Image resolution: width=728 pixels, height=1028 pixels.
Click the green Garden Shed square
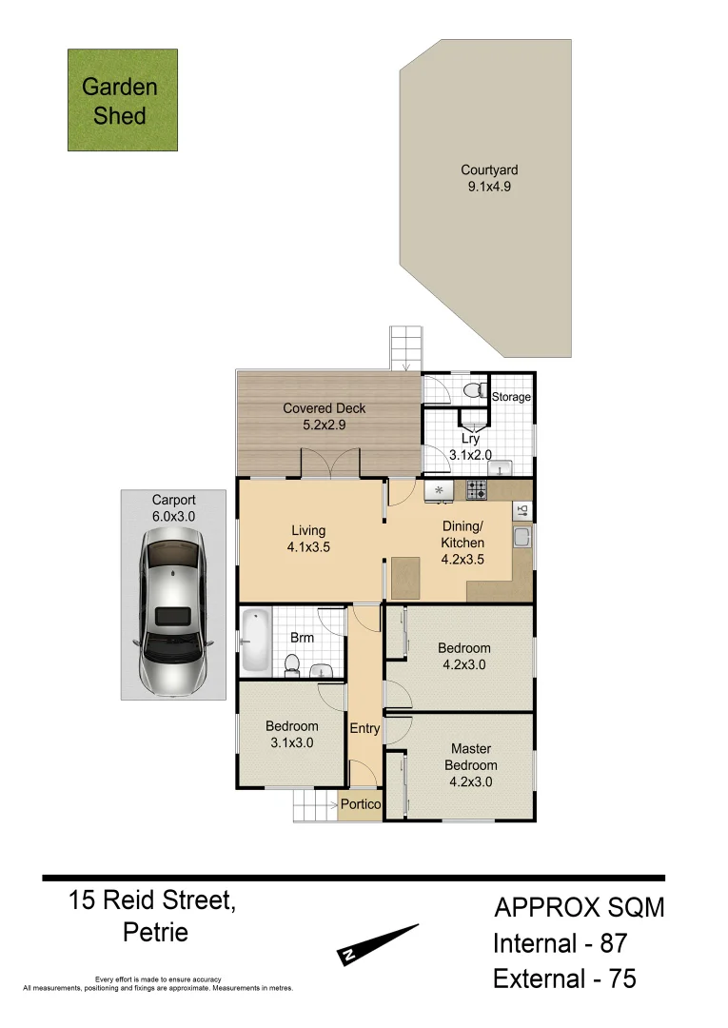(x=122, y=100)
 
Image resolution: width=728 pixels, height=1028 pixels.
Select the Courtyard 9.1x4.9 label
(x=489, y=179)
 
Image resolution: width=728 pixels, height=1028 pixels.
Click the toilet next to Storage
(x=473, y=389)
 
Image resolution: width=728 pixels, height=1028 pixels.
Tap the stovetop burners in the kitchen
(x=477, y=490)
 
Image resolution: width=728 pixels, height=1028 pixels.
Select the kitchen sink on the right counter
(x=521, y=539)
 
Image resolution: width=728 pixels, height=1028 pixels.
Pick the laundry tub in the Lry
(x=499, y=467)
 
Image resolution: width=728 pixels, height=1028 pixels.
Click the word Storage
(x=511, y=397)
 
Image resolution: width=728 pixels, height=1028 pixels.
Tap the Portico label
(x=361, y=805)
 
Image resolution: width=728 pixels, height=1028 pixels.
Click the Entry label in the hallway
(x=364, y=729)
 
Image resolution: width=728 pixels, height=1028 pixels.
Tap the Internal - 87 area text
(x=559, y=944)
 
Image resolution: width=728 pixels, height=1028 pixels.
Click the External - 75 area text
(x=564, y=979)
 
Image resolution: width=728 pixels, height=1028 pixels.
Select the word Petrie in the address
(x=155, y=932)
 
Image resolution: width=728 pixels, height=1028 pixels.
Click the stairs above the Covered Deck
(x=405, y=348)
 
